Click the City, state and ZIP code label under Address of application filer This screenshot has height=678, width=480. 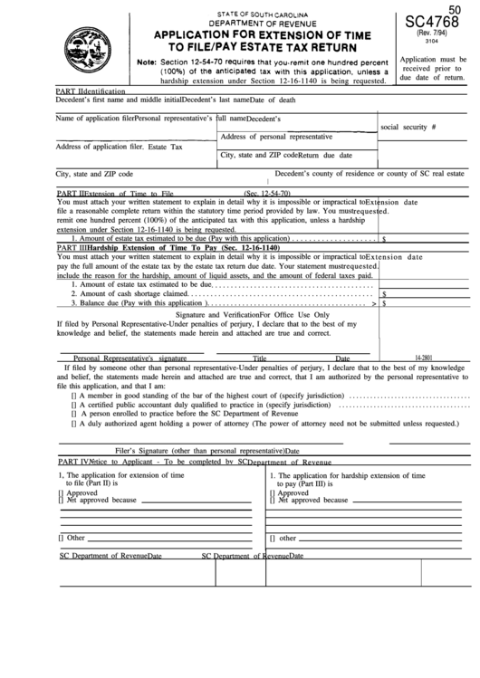[95, 174]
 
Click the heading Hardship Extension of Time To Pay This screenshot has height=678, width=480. [199, 247]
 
